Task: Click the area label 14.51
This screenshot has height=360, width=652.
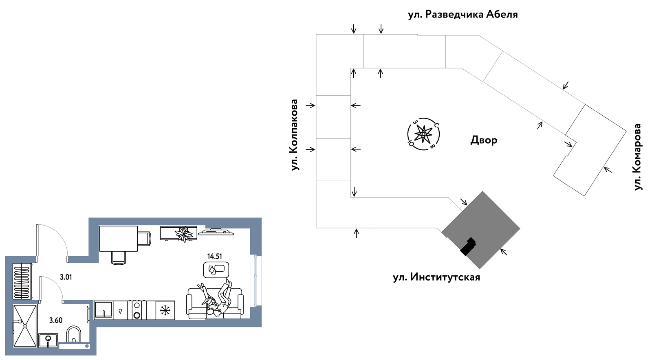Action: point(214,256)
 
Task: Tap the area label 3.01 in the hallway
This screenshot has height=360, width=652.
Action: point(66,277)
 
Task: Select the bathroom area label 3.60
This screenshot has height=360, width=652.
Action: point(55,320)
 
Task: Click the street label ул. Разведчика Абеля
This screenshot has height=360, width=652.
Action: point(463,15)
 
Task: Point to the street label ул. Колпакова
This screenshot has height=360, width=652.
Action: point(295,135)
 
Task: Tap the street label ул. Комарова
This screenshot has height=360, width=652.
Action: point(638,157)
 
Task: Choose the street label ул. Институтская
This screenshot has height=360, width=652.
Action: point(436,277)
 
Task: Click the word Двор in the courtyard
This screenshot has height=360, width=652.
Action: point(484,140)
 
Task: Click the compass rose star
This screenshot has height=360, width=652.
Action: point(423,134)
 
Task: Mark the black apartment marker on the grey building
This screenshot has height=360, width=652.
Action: point(468,246)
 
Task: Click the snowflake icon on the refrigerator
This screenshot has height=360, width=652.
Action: point(165,311)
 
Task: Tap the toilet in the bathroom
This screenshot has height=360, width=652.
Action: point(74,335)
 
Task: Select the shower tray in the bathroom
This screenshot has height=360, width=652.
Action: point(25,326)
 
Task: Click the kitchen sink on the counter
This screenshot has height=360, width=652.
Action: point(104,310)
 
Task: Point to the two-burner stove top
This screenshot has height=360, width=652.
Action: point(137,310)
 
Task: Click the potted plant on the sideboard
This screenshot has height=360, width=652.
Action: point(184,234)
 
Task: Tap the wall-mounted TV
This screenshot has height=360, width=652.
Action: point(216,232)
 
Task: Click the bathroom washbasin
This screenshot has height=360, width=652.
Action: point(48,340)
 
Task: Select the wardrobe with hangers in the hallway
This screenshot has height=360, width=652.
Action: point(22,281)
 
